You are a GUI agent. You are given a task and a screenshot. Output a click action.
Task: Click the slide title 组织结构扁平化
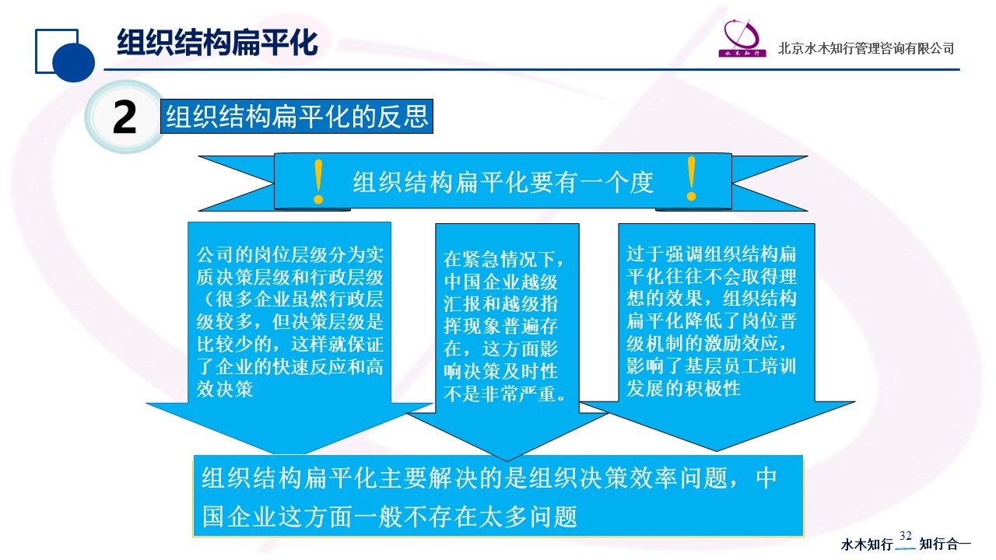(x=217, y=43)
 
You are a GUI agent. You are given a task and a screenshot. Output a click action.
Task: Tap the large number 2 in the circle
(x=124, y=117)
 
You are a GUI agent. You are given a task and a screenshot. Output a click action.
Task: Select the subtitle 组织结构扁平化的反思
(x=297, y=117)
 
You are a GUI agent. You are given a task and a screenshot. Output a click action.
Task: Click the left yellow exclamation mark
(x=318, y=182)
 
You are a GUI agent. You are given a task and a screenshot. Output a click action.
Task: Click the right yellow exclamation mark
(x=691, y=179)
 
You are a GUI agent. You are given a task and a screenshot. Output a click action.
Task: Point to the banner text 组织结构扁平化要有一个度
(x=503, y=182)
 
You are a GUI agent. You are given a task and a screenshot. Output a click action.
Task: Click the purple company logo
(x=742, y=38)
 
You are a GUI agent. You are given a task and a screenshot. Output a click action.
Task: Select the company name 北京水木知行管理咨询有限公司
(x=866, y=48)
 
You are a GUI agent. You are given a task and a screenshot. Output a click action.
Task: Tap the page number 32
(x=905, y=536)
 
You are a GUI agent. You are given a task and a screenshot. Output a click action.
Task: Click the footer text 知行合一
(x=945, y=544)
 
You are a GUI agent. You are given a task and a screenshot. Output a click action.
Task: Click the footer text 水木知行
(x=867, y=544)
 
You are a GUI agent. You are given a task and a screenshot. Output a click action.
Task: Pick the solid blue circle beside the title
(x=73, y=61)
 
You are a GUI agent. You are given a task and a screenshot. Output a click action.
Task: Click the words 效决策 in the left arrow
(x=225, y=390)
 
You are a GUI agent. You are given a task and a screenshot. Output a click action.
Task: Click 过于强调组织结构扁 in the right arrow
(x=711, y=254)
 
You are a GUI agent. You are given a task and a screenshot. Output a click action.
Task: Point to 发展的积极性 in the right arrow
(x=683, y=388)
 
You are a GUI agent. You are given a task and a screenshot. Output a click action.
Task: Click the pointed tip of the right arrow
(x=717, y=451)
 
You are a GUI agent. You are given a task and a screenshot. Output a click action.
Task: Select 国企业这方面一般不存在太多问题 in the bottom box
(x=390, y=517)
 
